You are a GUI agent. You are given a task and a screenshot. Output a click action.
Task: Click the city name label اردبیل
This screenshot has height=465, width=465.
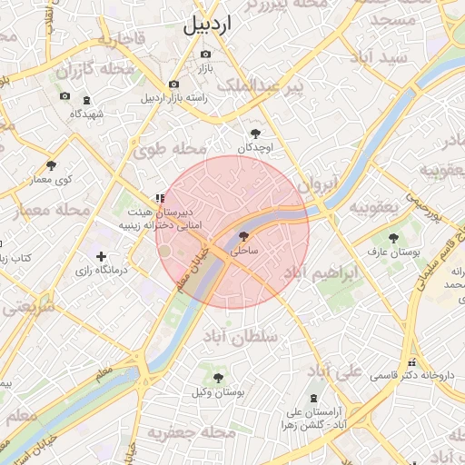coord(207,25)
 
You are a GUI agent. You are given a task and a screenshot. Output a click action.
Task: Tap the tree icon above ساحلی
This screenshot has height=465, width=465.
coord(242,235)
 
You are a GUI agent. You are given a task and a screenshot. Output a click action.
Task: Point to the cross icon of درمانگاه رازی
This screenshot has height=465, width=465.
coord(101,257)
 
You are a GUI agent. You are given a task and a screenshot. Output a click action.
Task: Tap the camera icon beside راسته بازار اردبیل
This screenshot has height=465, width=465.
coord(173,84)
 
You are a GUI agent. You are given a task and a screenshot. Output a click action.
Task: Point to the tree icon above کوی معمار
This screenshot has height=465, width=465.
coord(51,165)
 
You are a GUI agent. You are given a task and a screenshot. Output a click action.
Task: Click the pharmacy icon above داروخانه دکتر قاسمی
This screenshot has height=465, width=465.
coord(411,361)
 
